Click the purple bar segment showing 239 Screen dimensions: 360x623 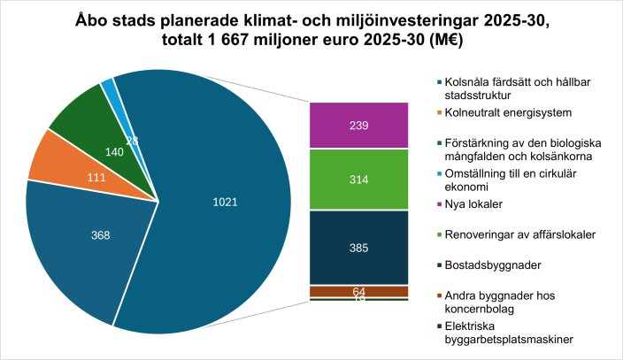pyautogui.click(x=358, y=125)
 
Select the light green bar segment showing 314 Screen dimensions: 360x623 pyautogui.click(x=358, y=179)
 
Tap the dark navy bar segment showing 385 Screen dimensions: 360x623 pyautogui.click(x=358, y=248)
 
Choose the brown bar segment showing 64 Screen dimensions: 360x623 pyautogui.click(x=358, y=291)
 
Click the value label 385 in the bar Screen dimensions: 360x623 pyautogui.click(x=358, y=248)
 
